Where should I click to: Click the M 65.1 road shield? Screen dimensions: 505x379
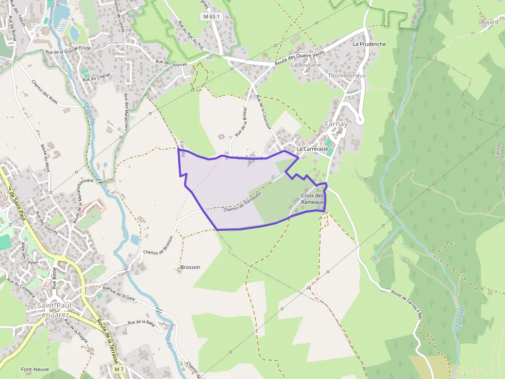click(x=211, y=16)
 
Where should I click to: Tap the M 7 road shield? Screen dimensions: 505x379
click(x=120, y=369)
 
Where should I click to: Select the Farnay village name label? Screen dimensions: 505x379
click(x=336, y=124)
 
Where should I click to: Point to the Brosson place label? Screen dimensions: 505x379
click(x=190, y=267)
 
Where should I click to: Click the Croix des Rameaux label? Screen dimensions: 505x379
click(x=313, y=199)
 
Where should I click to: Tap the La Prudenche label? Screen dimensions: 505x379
click(x=369, y=44)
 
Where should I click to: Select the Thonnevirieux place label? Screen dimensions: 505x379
click(x=346, y=76)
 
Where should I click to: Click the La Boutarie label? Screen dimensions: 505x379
click(x=306, y=65)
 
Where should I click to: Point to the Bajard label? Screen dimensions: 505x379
click(x=490, y=22)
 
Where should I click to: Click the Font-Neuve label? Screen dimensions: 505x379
click(x=35, y=369)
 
